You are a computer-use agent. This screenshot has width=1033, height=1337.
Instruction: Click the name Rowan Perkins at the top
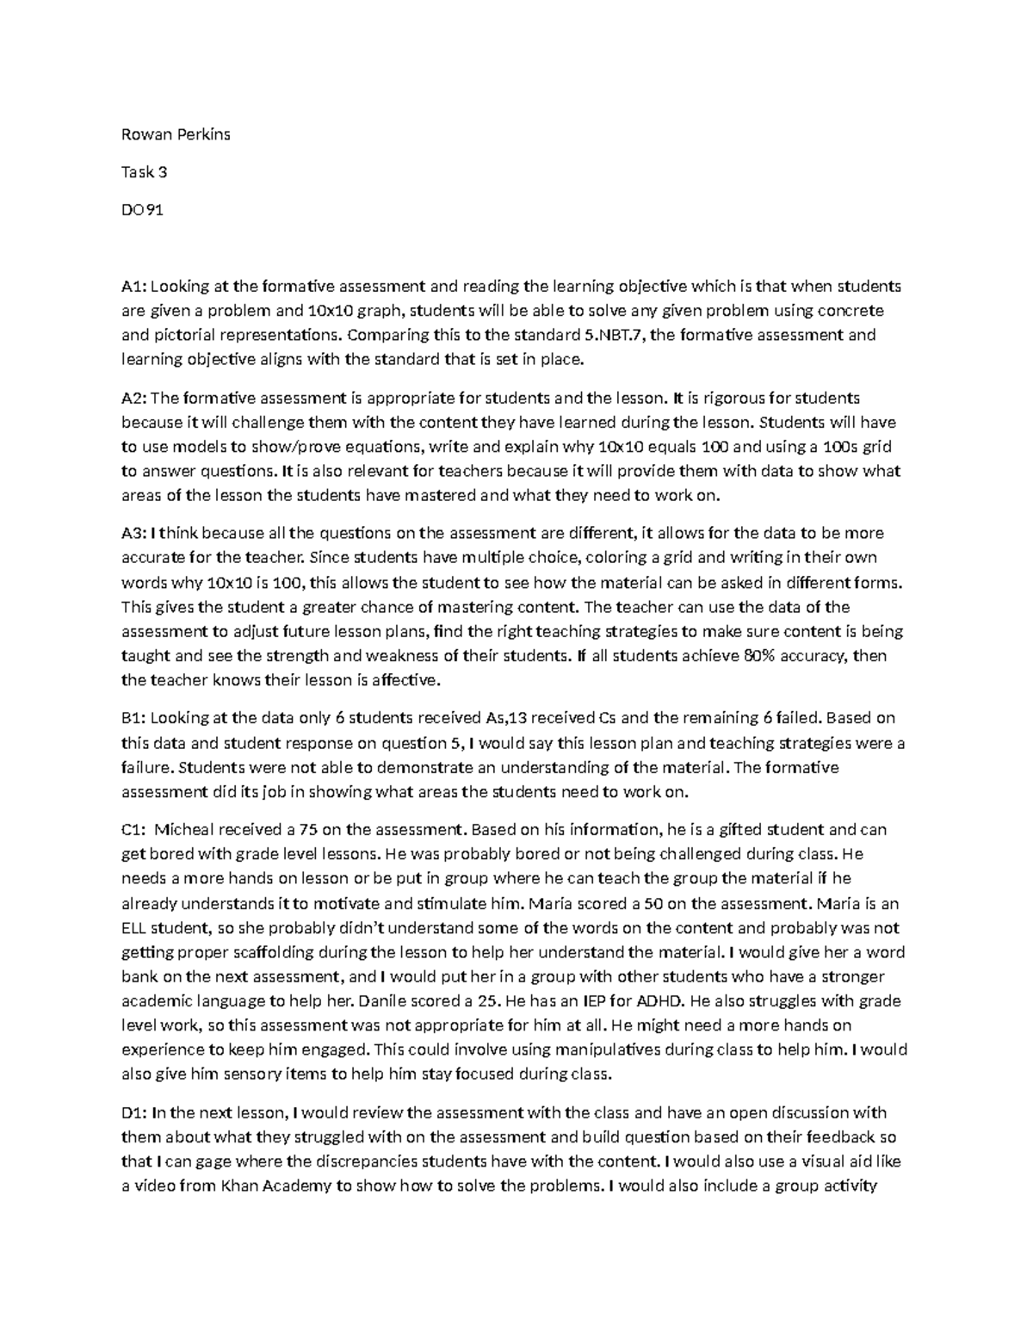pyautogui.click(x=176, y=134)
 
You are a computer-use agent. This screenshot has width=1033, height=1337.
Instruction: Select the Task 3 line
pyautogui.click(x=144, y=172)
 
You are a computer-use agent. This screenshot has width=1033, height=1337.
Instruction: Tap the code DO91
pyautogui.click(x=142, y=209)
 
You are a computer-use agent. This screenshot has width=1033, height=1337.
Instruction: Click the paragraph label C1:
pyautogui.click(x=133, y=830)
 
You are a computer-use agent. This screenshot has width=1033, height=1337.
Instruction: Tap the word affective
pyautogui.click(x=405, y=680)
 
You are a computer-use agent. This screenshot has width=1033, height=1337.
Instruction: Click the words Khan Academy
pyautogui.click(x=276, y=1185)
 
